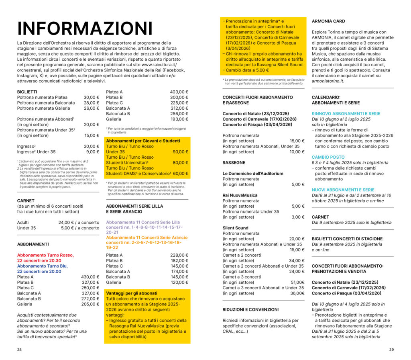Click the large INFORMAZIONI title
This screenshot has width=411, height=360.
point(85,29)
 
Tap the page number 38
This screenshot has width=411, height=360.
point(19,350)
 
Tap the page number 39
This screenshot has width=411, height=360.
point(391,350)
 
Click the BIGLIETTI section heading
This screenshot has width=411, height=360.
point(27,92)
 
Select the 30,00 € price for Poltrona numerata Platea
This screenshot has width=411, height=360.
point(91,97)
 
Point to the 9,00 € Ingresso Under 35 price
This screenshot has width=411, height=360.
point(92,152)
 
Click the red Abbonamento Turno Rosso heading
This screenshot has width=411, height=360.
point(45,255)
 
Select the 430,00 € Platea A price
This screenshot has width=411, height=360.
point(90,277)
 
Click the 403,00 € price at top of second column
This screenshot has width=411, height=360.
point(179,92)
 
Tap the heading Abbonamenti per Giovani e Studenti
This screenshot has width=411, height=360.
point(143,141)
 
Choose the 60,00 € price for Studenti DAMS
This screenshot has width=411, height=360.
point(181,174)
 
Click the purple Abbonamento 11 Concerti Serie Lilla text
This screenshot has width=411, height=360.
point(143,222)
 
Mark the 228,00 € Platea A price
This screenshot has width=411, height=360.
point(179,255)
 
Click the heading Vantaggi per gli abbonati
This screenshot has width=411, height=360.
point(132,293)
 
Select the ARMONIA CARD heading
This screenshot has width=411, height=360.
point(328,21)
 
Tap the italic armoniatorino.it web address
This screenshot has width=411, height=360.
point(328,81)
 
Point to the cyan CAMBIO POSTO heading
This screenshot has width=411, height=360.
point(328,157)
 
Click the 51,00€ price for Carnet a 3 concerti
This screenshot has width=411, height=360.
point(297,282)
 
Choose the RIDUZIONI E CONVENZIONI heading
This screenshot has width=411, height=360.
point(250,309)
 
